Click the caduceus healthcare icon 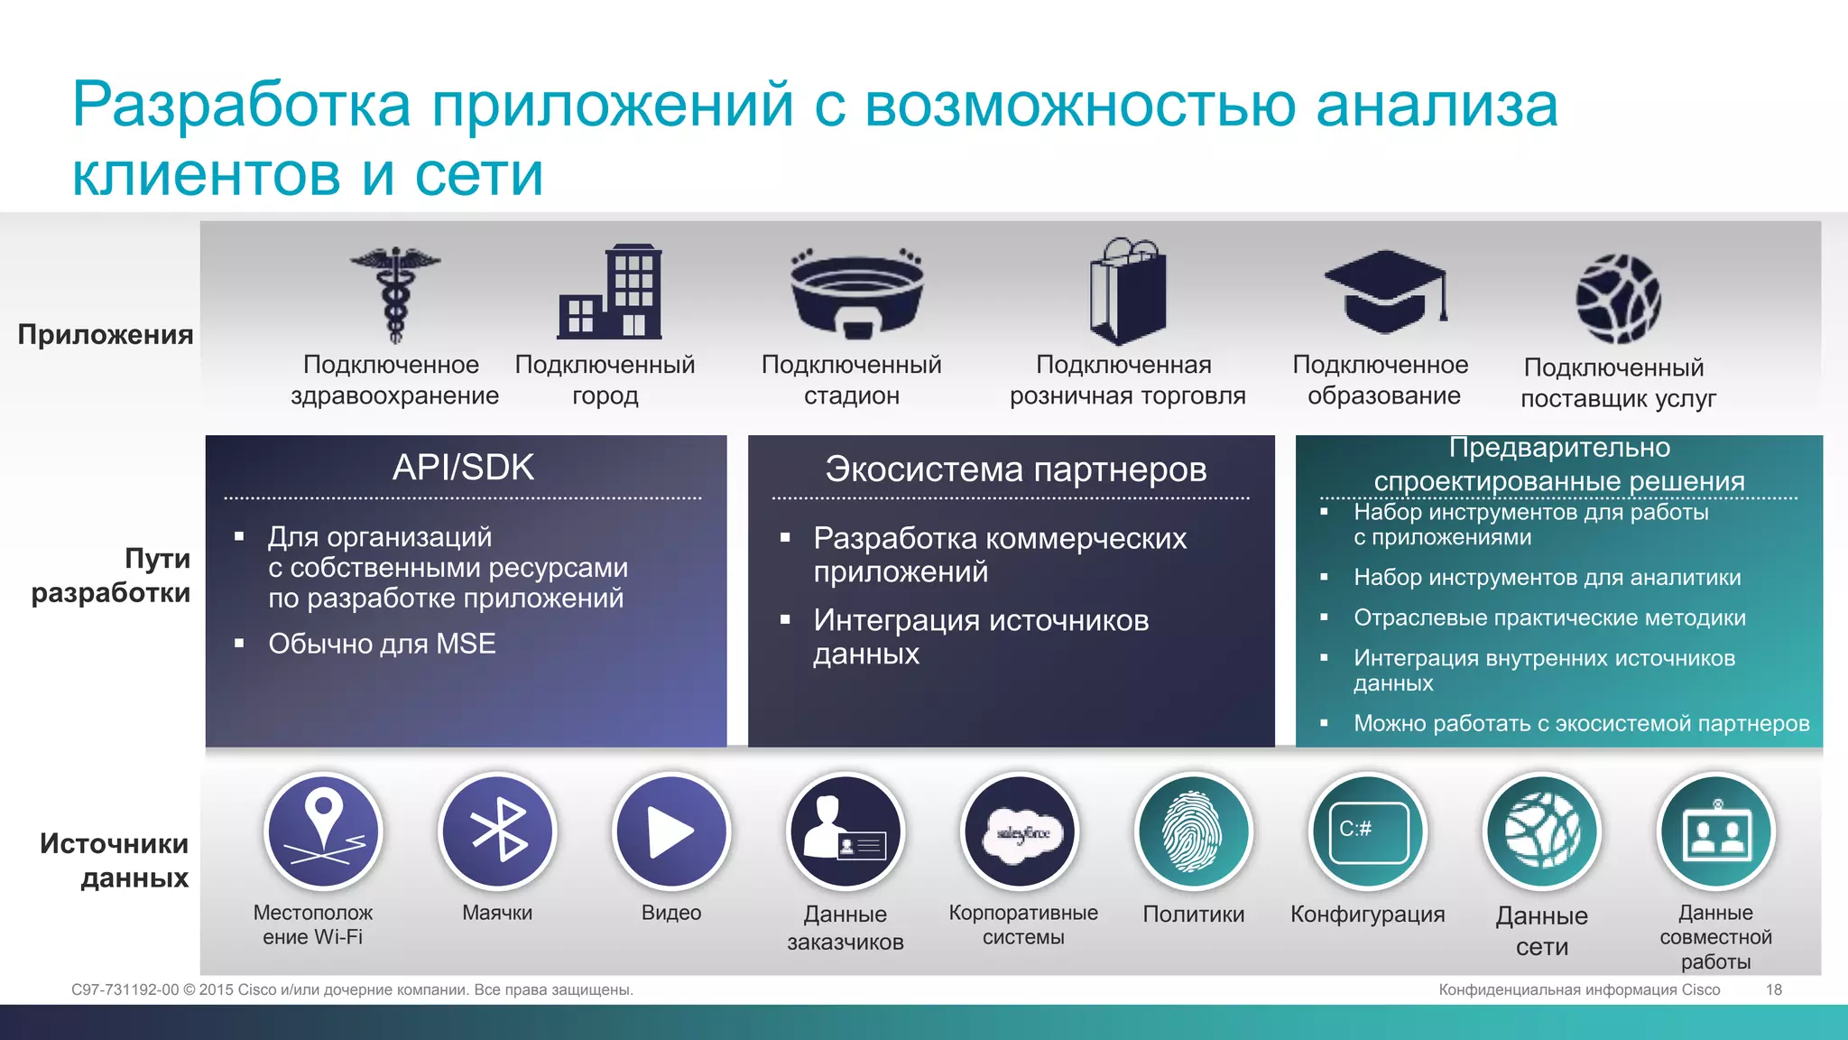(395, 294)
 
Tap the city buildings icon (610, 292)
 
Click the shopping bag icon (1127, 291)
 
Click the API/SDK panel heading (463, 468)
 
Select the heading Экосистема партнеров (1015, 469)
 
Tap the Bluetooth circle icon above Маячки (497, 831)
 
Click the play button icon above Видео (671, 831)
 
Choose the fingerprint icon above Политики (1193, 831)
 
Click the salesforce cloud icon (1021, 831)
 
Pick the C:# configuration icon (1367, 831)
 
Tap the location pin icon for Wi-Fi (323, 831)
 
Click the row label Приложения (106, 335)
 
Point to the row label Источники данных (115, 860)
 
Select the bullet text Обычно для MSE (382, 644)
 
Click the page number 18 (1773, 989)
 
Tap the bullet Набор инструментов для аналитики (1547, 578)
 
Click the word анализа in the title (1437, 106)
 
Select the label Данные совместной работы (1715, 937)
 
